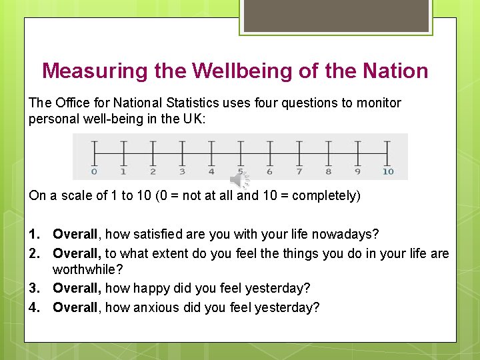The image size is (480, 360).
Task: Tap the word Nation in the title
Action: click(x=396, y=71)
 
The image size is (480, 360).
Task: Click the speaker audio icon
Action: click(x=239, y=179)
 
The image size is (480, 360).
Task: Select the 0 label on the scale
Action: click(x=94, y=171)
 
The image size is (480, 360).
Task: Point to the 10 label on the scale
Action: click(x=388, y=171)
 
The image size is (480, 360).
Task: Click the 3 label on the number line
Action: click(x=182, y=171)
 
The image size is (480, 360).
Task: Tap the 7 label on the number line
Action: click(x=299, y=171)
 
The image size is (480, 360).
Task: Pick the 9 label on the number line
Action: click(x=358, y=171)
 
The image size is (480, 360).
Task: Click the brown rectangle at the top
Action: click(x=337, y=15)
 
